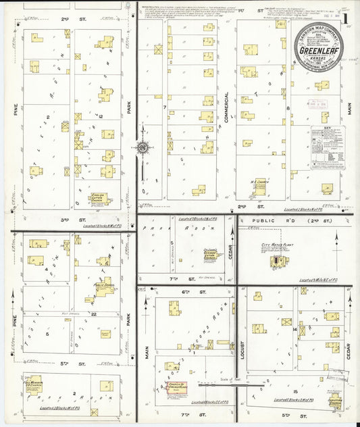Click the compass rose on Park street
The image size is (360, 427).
(143, 147)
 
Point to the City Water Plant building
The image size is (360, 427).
(278, 261)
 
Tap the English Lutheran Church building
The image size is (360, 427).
(99, 199)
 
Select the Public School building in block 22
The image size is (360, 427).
(105, 290)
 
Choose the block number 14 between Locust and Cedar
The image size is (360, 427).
(295, 329)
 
